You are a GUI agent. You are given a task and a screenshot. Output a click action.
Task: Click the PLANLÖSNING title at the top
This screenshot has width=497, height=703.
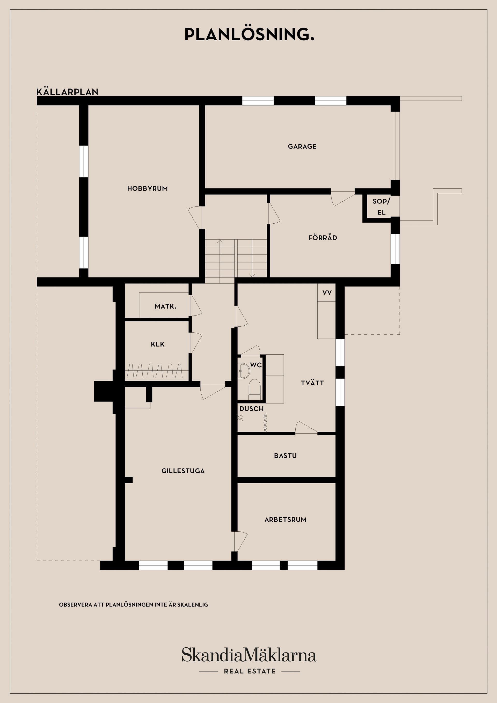coord(249,35)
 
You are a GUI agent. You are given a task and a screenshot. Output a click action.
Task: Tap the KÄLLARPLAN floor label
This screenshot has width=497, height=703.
coord(67,92)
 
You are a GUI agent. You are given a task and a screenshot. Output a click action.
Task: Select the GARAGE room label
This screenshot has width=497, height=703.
coord(302,146)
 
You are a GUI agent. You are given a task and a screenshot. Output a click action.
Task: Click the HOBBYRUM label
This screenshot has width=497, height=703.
coord(147,189)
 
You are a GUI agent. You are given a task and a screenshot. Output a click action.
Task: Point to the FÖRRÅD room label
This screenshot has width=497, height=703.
coord(323,238)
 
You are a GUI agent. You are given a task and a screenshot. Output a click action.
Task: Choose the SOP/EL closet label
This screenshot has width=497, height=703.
coord(381,207)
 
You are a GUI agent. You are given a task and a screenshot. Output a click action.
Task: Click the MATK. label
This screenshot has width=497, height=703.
coord(165,306)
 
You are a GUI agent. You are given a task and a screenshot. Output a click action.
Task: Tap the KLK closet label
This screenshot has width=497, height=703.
coord(158,344)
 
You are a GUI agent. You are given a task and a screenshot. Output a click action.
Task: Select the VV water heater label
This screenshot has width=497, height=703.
coord(327,293)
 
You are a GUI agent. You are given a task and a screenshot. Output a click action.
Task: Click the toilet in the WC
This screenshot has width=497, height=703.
coord(254,389)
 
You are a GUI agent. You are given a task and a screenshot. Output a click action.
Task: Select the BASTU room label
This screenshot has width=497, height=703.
coord(285,456)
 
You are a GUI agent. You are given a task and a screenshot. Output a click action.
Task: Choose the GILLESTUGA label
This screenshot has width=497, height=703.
coord(183,471)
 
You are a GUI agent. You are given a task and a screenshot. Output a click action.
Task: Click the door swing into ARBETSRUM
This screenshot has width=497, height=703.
coord(241,542)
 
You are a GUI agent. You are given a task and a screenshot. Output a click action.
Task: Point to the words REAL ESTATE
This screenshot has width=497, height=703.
coord(250,671)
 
